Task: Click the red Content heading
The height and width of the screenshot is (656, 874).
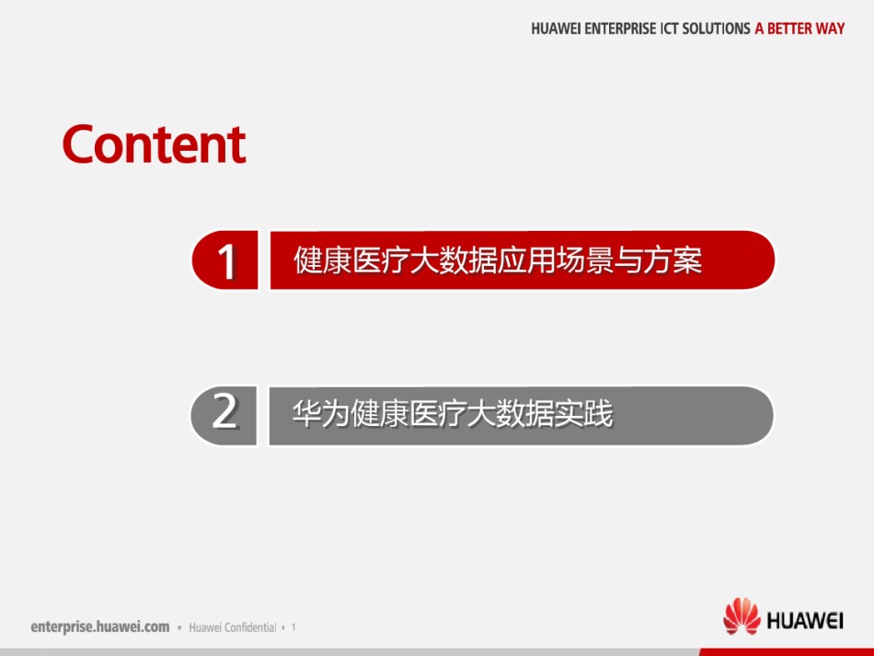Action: coord(154,144)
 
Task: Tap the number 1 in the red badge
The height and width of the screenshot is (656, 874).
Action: coord(227,261)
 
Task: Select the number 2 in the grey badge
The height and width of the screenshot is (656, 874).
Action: coord(224,411)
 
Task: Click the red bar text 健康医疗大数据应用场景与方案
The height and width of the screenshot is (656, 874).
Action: coord(498,260)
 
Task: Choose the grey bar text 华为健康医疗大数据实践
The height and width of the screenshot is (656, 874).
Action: coord(453,413)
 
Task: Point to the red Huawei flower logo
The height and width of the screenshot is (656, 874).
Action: coord(742,616)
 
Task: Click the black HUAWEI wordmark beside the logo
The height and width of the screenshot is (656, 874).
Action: coord(805,620)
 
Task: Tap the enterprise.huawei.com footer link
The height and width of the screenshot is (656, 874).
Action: coord(99,627)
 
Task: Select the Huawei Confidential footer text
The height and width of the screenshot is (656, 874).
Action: coord(233,627)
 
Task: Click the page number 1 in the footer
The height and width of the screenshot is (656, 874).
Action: coord(293,627)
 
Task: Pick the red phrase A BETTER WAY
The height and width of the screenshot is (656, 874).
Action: coord(799,29)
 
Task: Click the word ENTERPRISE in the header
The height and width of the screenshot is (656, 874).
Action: coord(620,29)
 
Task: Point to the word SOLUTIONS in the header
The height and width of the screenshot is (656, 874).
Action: coord(717,29)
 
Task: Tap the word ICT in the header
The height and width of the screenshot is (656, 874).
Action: coord(669,29)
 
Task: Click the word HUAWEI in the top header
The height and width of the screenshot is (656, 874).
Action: coord(556,29)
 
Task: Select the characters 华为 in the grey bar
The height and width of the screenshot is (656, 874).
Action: coord(322,413)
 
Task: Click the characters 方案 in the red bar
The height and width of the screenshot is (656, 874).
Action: coord(673,260)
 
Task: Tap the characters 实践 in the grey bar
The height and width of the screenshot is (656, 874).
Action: coord(584,413)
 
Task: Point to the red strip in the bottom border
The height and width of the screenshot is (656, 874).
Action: coord(787,652)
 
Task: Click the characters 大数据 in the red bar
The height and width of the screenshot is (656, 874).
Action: coord(454,260)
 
